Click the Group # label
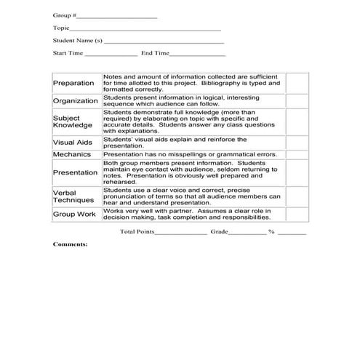[63, 15]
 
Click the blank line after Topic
[145, 28]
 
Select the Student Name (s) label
[78, 41]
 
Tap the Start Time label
[68, 54]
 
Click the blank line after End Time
[198, 54]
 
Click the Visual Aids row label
[73, 143]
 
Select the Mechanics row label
[72, 154]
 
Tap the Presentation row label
[76, 172]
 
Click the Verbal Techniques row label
[73, 196]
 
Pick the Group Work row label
[74, 215]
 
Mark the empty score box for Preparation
[296, 83]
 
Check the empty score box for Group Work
[296, 215]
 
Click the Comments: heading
[70, 244]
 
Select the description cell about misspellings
[191, 154]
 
